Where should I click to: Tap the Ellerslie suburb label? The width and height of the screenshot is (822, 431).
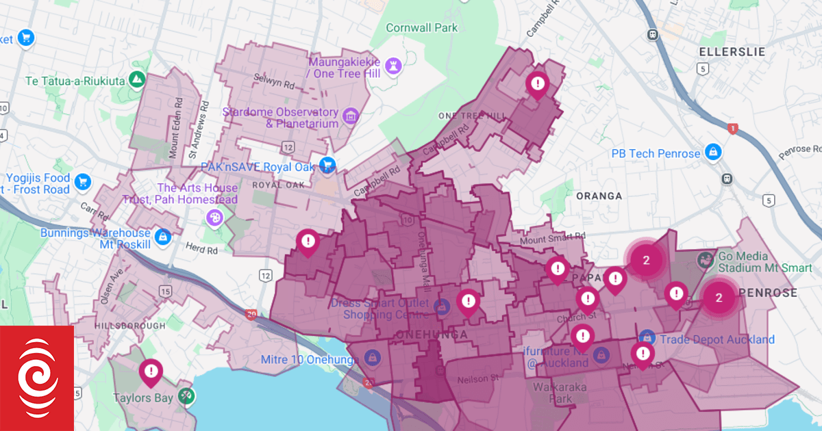[731, 52]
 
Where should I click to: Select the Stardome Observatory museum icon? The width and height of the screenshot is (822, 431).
[351, 115]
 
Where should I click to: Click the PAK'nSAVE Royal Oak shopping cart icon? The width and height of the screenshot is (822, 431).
[327, 165]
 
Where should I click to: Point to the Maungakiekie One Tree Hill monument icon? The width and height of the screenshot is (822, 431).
[393, 65]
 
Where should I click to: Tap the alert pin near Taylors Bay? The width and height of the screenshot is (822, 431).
[150, 372]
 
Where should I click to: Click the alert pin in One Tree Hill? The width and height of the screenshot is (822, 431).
[538, 84]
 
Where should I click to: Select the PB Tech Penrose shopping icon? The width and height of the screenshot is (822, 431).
[713, 151]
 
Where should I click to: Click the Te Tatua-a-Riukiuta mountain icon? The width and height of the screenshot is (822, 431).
[138, 80]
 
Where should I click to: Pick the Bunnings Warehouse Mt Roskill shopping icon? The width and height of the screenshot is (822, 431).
[163, 237]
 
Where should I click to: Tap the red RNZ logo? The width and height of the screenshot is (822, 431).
[37, 378]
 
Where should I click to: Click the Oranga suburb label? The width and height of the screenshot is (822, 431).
[599, 196]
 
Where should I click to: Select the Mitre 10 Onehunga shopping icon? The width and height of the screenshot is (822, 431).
[372, 357]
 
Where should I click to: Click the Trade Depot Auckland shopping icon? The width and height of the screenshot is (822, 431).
[647, 338]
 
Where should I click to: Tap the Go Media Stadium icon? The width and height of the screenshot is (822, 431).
[704, 261]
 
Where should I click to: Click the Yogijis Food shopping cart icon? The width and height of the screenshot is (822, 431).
[84, 181]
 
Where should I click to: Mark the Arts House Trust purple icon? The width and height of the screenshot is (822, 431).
[214, 218]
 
